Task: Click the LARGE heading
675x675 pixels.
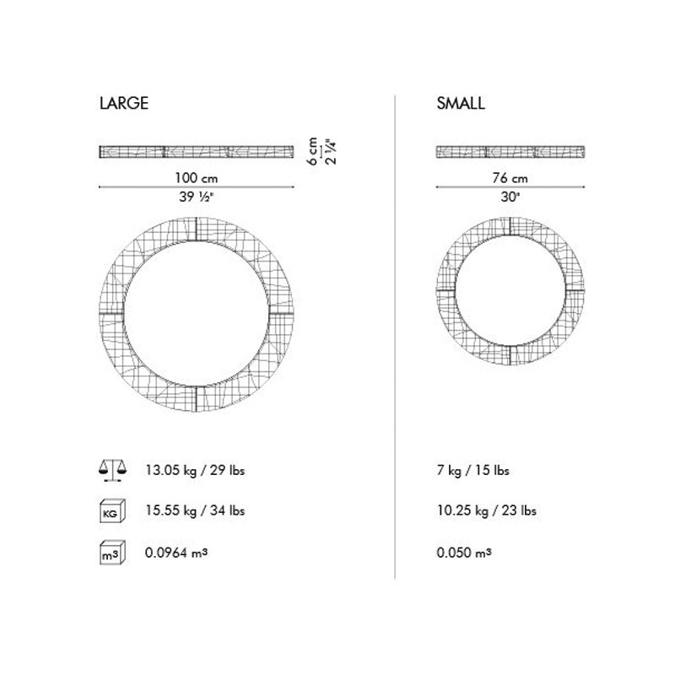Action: pyautogui.click(x=124, y=103)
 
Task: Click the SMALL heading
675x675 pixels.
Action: pyautogui.click(x=461, y=103)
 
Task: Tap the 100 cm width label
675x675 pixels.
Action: pyautogui.click(x=197, y=178)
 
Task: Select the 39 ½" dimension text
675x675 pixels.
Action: pyautogui.click(x=197, y=197)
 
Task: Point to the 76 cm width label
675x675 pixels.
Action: pyautogui.click(x=510, y=178)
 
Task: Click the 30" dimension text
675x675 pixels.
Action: pyautogui.click(x=510, y=197)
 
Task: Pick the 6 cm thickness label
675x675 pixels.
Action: pyautogui.click(x=313, y=152)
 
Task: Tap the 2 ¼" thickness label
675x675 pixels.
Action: pyautogui.click(x=331, y=152)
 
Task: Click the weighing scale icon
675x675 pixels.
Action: pyautogui.click(x=113, y=470)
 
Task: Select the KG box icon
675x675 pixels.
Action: pyautogui.click(x=112, y=511)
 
